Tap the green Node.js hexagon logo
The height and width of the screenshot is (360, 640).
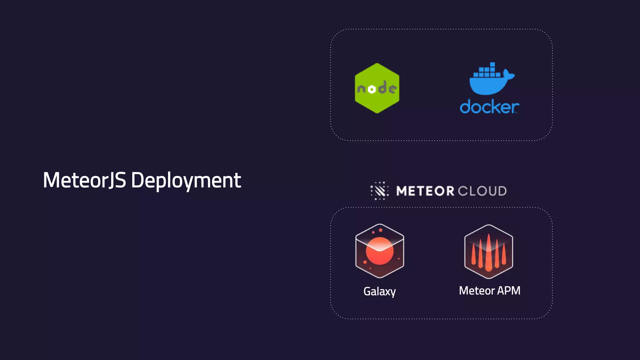click(x=377, y=88)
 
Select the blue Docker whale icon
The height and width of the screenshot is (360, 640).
click(x=491, y=80)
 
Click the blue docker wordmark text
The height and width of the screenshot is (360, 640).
click(x=489, y=107)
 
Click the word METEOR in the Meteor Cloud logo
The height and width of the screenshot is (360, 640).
click(x=425, y=191)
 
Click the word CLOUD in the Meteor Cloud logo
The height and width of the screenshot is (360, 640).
click(x=482, y=191)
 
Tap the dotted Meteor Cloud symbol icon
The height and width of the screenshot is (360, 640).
click(x=379, y=191)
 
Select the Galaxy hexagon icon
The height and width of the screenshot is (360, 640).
click(x=380, y=251)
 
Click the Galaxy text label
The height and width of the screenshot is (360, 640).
click(x=379, y=291)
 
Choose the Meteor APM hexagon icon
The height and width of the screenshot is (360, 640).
click(x=488, y=252)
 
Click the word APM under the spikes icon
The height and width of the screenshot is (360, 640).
click(x=509, y=291)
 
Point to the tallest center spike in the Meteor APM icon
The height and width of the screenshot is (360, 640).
click(x=488, y=252)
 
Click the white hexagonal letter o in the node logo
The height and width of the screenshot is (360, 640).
click(x=372, y=89)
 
